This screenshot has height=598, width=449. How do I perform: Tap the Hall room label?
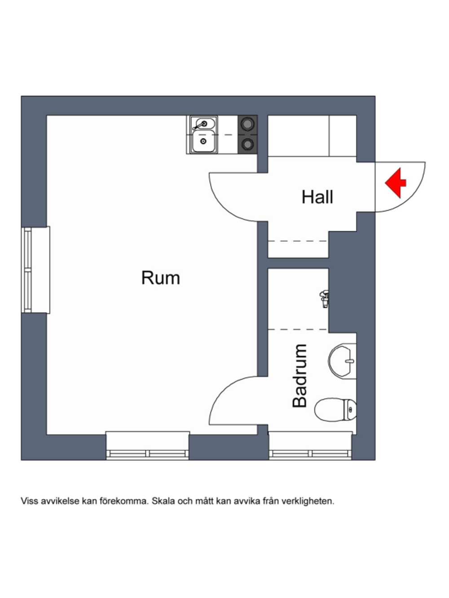click(x=317, y=197)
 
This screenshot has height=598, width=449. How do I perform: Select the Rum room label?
click(x=160, y=278)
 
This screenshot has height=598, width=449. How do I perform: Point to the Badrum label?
click(x=299, y=375)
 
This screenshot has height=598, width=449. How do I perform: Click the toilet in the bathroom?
click(x=335, y=409)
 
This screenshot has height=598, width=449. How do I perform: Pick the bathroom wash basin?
click(x=342, y=360)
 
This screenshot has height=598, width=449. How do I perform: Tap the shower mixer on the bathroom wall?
click(x=324, y=298)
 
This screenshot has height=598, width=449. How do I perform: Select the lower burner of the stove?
click(x=247, y=144)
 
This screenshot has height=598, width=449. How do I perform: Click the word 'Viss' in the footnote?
click(x=29, y=501)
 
